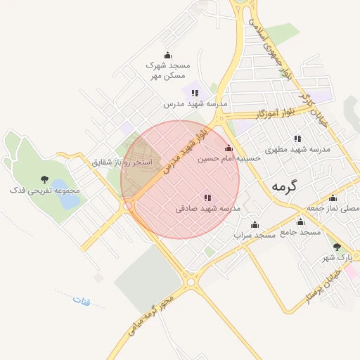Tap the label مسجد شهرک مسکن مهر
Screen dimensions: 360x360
point(167,70)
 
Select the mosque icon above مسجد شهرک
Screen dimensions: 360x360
point(167,55)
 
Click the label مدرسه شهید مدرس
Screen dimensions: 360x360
point(195,103)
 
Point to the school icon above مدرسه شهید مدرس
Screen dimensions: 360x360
point(195,92)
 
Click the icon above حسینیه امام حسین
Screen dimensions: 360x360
point(229,148)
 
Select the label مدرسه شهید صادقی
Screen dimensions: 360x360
point(208,209)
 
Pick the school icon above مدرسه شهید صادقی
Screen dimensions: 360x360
point(207,198)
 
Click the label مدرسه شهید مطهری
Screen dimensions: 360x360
point(297,150)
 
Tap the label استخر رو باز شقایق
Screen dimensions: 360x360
point(122,162)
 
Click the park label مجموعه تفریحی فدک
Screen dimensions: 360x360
point(45,190)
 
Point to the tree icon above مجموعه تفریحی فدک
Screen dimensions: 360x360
point(45,179)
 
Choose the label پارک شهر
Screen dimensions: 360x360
point(336,257)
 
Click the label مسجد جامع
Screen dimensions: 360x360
point(300,232)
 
